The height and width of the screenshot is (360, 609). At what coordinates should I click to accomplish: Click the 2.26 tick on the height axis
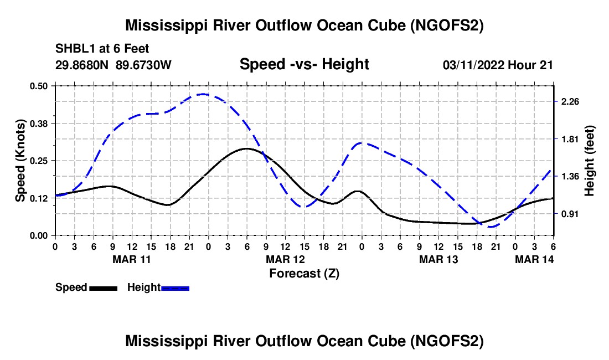pyautogui.click(x=570, y=101)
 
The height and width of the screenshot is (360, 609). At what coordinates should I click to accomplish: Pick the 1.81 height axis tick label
pyautogui.click(x=570, y=139)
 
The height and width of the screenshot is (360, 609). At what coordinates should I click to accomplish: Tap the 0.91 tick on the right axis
pyautogui.click(x=570, y=214)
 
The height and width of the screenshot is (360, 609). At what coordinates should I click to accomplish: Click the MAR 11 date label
pyautogui.click(x=132, y=259)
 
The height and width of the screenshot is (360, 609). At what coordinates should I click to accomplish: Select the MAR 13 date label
pyautogui.click(x=438, y=259)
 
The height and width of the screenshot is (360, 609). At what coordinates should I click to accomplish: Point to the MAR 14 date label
pyautogui.click(x=534, y=259)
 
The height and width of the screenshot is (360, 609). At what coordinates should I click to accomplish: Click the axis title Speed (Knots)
pyautogui.click(x=20, y=161)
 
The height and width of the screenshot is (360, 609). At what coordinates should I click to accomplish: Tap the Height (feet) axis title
pyautogui.click(x=589, y=161)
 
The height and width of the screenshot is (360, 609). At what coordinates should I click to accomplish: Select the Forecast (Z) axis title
pyautogui.click(x=304, y=273)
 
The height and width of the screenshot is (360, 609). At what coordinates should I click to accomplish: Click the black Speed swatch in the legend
pyautogui.click(x=103, y=288)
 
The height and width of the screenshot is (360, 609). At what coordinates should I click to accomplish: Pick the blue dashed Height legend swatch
pyautogui.click(x=175, y=288)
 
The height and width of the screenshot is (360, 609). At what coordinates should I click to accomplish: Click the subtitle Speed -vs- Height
pyautogui.click(x=304, y=64)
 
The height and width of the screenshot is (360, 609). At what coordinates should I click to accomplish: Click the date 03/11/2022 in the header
pyautogui.click(x=473, y=65)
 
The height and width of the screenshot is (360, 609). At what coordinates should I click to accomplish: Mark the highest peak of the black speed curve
pyautogui.click(x=246, y=148)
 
